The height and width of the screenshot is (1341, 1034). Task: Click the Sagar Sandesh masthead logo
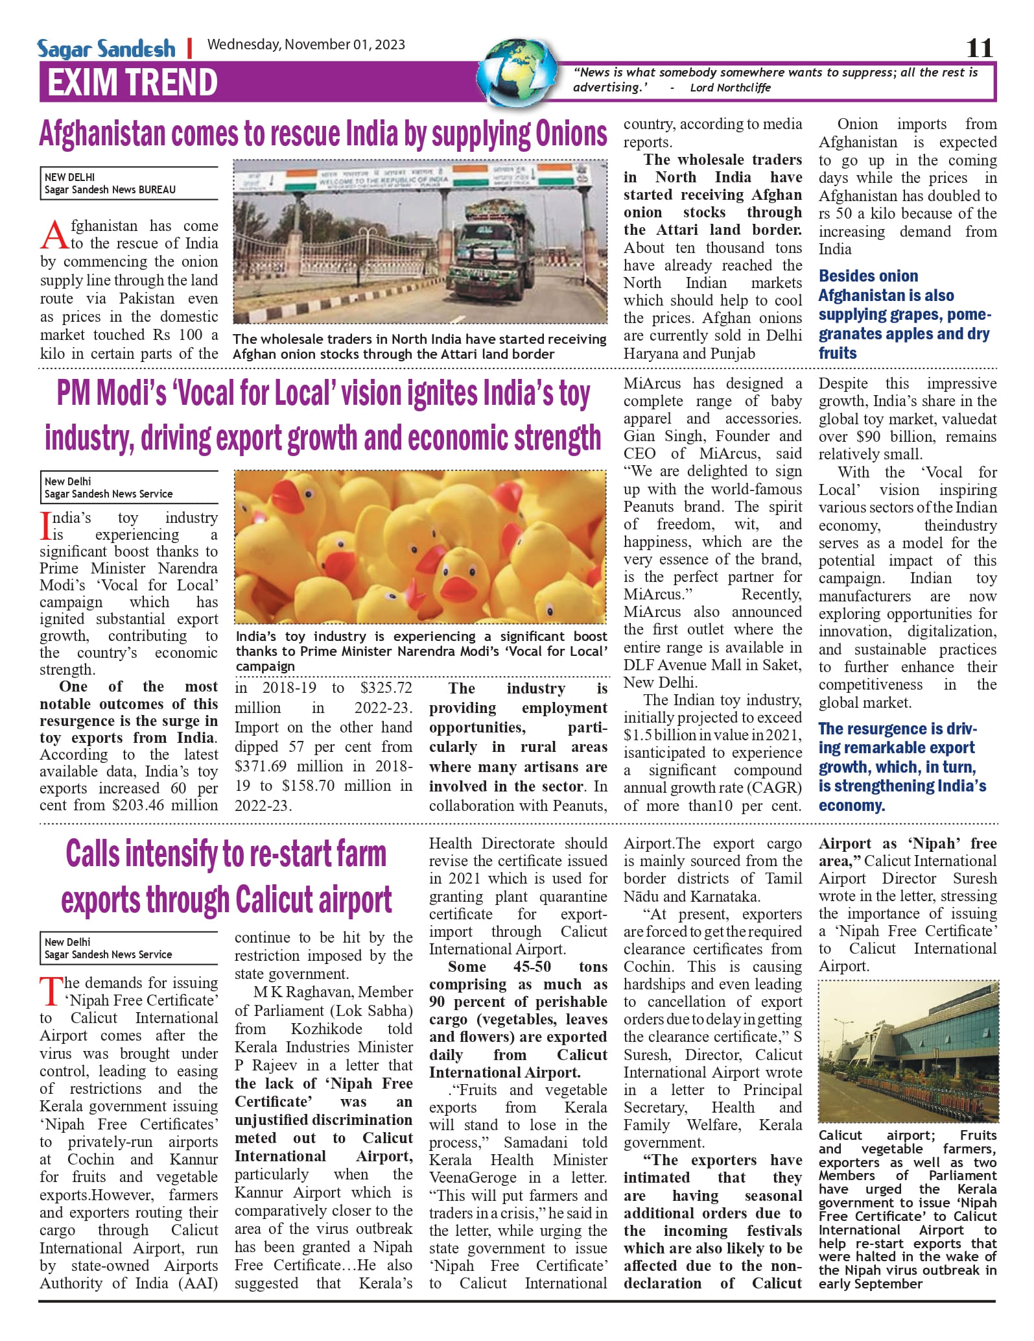(106, 49)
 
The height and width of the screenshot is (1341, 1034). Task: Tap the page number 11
(979, 48)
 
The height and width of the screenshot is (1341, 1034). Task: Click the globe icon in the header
(518, 72)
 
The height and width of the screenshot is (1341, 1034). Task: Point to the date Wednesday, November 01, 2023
(306, 45)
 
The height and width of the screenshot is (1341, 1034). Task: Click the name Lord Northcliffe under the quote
(730, 88)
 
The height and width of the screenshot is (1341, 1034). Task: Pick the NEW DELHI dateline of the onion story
(69, 177)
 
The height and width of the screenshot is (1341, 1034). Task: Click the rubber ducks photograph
(420, 546)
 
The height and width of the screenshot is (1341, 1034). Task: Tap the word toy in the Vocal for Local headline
(574, 394)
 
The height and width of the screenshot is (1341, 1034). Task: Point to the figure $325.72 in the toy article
(386, 688)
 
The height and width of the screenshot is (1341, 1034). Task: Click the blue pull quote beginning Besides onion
(904, 315)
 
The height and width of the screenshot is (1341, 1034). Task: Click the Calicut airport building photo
(908, 1052)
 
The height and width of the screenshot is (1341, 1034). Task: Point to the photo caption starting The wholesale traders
(419, 346)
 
